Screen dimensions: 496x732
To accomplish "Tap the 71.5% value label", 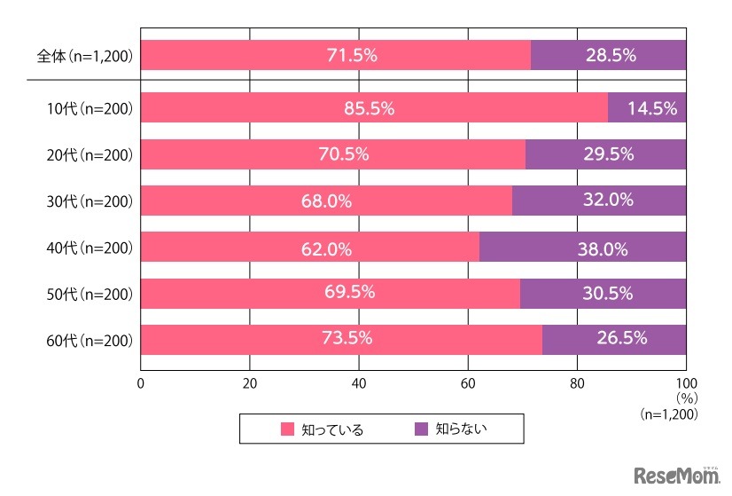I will tap(353, 55).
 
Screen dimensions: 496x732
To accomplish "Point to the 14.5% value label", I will tap(652, 109).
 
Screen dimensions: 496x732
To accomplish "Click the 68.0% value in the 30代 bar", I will tap(326, 201).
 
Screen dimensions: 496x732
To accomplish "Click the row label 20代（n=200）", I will tap(90, 155).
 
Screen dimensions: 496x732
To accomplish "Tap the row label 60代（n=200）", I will tap(90, 340).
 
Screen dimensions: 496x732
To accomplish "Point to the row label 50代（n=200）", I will tap(90, 294).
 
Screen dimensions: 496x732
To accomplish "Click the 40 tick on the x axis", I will tap(359, 384).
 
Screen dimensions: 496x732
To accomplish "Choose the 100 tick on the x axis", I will tap(686, 384).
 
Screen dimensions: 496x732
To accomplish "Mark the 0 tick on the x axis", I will tap(141, 384).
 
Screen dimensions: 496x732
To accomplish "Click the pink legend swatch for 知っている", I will tap(287, 429).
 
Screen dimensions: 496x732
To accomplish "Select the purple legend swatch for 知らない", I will tap(422, 429).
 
